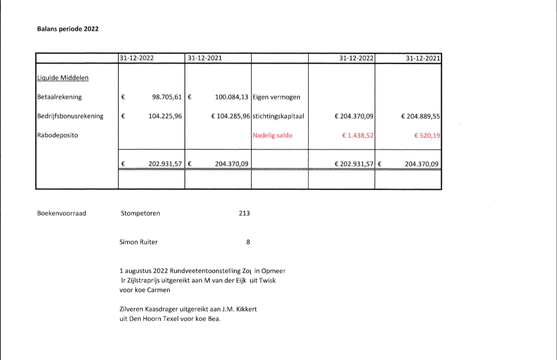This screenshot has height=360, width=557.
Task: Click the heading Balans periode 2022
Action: click(x=68, y=29)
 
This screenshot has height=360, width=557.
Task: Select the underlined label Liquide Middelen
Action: click(x=63, y=78)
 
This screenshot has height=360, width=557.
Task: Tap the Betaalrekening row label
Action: click(x=59, y=97)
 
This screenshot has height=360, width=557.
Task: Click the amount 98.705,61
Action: click(x=167, y=97)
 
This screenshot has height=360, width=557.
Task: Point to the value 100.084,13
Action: click(x=231, y=97)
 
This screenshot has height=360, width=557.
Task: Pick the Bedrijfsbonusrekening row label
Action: click(x=70, y=116)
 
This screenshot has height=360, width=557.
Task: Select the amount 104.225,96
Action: click(x=165, y=116)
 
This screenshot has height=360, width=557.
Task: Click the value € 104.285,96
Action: click(x=230, y=116)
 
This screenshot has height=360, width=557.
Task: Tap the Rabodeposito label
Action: click(x=57, y=135)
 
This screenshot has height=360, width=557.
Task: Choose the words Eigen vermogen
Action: click(x=276, y=97)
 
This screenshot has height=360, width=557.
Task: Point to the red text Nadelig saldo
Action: click(x=272, y=135)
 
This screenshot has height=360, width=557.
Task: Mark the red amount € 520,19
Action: click(x=427, y=135)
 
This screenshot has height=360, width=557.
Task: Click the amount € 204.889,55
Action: click(x=420, y=116)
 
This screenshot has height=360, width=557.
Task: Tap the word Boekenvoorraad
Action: click(x=61, y=213)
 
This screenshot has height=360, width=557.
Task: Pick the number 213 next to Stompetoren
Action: click(x=244, y=213)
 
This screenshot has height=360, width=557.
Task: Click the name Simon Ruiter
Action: click(x=139, y=242)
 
